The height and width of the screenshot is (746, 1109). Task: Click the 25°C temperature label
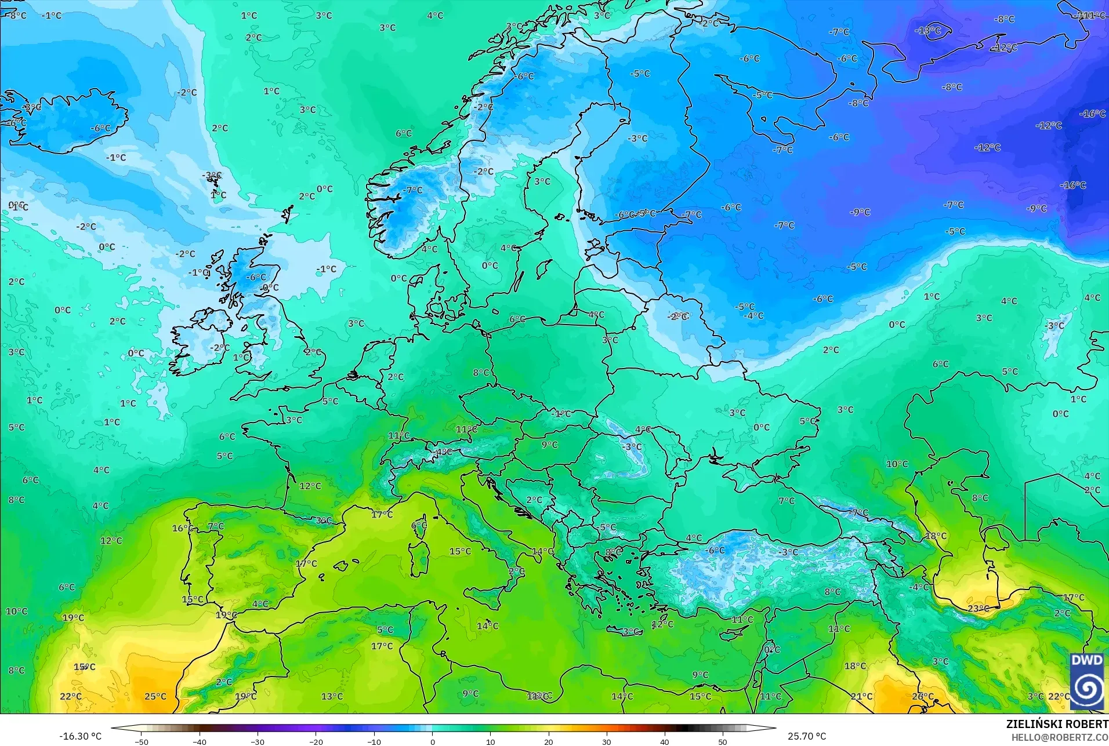(155, 696)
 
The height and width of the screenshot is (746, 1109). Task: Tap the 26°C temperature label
(923, 696)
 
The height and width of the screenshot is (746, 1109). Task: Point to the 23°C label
(978, 608)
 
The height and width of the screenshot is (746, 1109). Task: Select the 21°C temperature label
(861, 696)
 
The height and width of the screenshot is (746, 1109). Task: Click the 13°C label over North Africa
(332, 696)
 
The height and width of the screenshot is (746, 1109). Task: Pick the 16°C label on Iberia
(183, 528)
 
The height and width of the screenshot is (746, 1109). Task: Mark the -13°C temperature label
(928, 30)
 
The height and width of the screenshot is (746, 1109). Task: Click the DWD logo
(1086, 681)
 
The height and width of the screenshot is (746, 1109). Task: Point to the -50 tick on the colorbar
(142, 741)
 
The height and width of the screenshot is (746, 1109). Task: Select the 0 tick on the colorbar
(432, 741)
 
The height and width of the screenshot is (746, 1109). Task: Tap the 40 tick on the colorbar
(664, 741)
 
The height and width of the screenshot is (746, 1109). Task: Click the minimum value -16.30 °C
(80, 736)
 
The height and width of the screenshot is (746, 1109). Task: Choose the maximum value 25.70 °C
(807, 736)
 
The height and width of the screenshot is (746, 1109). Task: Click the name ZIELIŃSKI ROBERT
(1057, 724)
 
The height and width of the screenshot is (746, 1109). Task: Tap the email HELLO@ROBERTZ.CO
(1060, 737)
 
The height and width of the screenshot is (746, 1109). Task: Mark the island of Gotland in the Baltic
(544, 268)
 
